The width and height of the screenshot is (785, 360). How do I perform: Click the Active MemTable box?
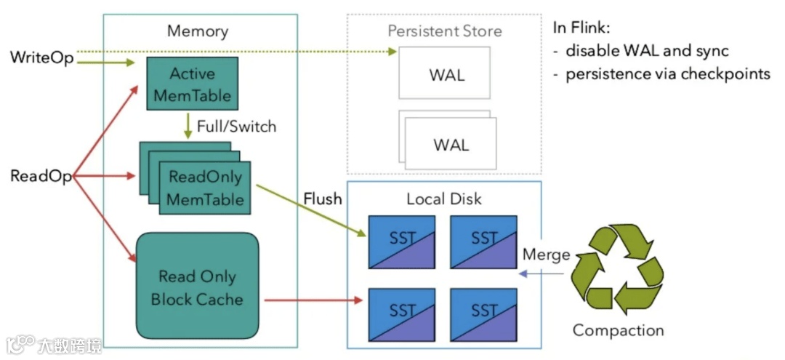(x=192, y=84)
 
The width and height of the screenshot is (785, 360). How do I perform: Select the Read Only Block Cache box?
(x=197, y=287)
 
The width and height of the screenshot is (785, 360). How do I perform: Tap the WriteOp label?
(x=42, y=58)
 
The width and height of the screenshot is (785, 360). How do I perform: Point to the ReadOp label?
(x=41, y=176)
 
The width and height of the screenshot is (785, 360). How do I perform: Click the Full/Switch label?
(x=237, y=126)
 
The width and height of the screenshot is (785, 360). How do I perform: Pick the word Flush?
(x=322, y=199)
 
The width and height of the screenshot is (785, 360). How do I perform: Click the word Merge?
(x=546, y=255)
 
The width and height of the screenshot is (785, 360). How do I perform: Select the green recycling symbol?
(x=617, y=267)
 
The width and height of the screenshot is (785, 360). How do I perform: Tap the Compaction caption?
(x=618, y=330)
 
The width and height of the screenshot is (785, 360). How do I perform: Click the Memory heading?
(x=197, y=31)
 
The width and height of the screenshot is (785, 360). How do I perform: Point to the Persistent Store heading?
(x=444, y=31)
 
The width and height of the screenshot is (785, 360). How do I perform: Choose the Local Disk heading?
(x=444, y=199)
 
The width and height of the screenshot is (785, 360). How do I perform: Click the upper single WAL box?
(x=444, y=73)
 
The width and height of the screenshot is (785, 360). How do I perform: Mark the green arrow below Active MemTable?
(x=188, y=124)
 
